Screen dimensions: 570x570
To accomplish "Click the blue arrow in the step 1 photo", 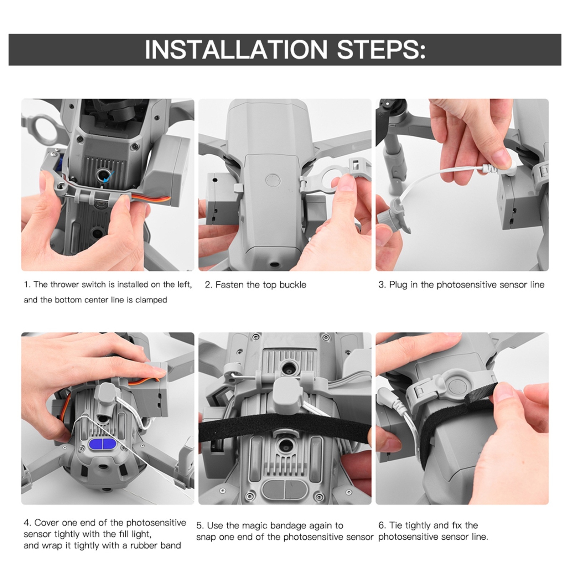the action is [x=109, y=175].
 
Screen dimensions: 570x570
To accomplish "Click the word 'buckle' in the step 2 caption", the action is [x=293, y=285].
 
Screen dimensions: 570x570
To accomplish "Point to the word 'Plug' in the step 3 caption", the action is [x=398, y=285].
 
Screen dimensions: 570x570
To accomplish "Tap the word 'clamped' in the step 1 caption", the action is [x=151, y=300].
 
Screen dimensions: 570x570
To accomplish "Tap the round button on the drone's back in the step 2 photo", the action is [x=273, y=181].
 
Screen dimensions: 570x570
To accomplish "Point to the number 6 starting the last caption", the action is [x=381, y=525].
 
